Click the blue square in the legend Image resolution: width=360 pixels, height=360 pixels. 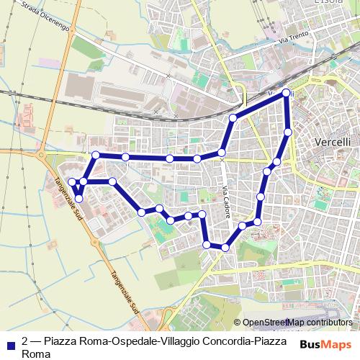(10, 341)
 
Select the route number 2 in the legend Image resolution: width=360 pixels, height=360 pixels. (25, 341)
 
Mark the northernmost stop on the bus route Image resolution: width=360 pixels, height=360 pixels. (287, 93)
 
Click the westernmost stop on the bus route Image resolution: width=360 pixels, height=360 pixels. (72, 181)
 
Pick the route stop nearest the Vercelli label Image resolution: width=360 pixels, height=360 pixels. (288, 132)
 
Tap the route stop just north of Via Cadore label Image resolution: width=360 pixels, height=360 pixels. (222, 153)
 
